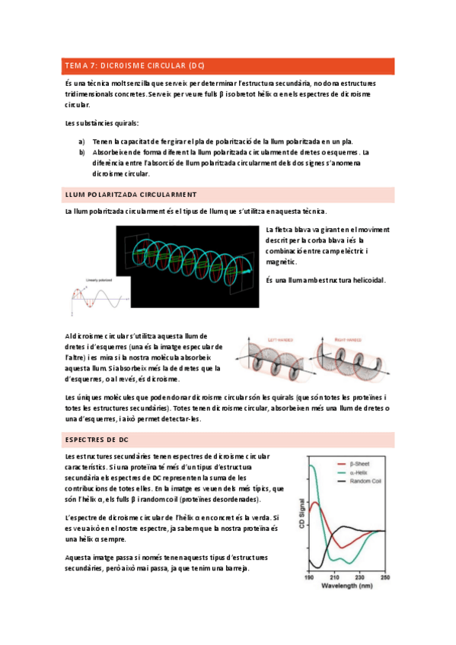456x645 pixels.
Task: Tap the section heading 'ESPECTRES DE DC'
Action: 97,440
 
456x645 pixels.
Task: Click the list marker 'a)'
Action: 81,141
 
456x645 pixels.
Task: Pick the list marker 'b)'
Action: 81,152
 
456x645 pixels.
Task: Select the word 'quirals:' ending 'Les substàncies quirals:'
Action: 124,123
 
